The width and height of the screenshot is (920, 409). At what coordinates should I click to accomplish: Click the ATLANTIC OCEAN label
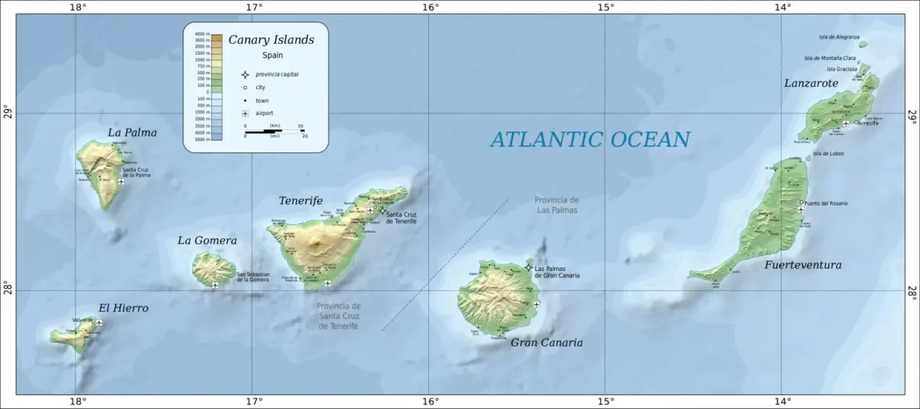point(590,139)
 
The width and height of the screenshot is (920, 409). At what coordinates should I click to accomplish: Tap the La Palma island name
point(132,133)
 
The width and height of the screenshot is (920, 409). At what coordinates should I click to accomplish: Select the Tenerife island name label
point(300,201)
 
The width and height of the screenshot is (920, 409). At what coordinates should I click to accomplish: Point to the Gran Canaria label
point(546,343)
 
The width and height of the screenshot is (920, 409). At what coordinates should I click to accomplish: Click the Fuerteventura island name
point(802,265)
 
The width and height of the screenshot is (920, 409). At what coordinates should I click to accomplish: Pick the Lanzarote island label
point(811,83)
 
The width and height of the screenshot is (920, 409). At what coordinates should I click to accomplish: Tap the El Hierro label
point(124,308)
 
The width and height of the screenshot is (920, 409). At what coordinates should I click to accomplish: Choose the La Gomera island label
point(207,241)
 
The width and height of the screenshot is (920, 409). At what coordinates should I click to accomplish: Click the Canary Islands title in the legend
point(271,40)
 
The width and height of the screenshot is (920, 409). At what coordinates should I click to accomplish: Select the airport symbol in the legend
point(245,114)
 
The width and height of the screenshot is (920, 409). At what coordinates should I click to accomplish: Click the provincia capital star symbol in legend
point(245,74)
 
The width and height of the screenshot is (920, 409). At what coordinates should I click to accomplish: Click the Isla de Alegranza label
point(839,37)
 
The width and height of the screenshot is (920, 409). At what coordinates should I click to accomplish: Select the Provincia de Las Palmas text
point(556,205)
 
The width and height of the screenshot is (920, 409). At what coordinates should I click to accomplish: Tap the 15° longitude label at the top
point(605,7)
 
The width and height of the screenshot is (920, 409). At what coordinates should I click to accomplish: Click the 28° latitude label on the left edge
point(7,290)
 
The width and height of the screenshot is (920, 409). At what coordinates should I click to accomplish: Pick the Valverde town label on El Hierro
point(83,319)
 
